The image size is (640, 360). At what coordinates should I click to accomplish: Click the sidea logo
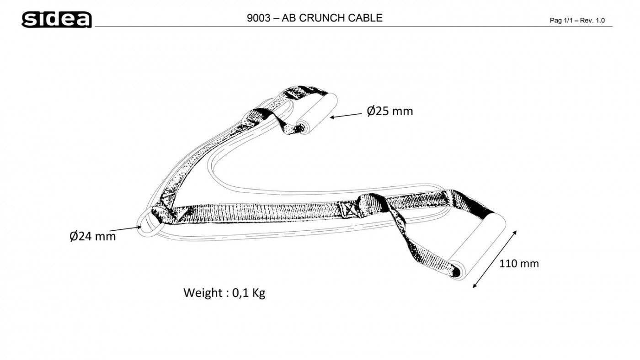tap(57, 19)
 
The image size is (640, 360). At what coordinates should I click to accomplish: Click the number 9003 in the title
tap(258, 18)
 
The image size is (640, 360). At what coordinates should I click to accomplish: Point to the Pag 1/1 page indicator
tap(560, 21)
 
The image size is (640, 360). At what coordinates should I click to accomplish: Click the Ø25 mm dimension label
tap(390, 111)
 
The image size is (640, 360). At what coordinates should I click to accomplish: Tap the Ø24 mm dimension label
tap(92, 236)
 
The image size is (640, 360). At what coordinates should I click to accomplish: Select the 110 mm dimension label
tap(519, 263)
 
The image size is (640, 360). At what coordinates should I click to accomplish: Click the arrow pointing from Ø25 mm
tap(346, 116)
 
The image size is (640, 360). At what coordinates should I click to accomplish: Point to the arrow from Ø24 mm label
tap(125, 229)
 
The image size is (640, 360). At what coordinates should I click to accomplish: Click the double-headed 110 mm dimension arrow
tap(495, 259)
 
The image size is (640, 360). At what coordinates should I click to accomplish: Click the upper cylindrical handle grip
tap(316, 113)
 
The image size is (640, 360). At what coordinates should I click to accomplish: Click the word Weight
tap(203, 293)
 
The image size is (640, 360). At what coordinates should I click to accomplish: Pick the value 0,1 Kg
tap(249, 293)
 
